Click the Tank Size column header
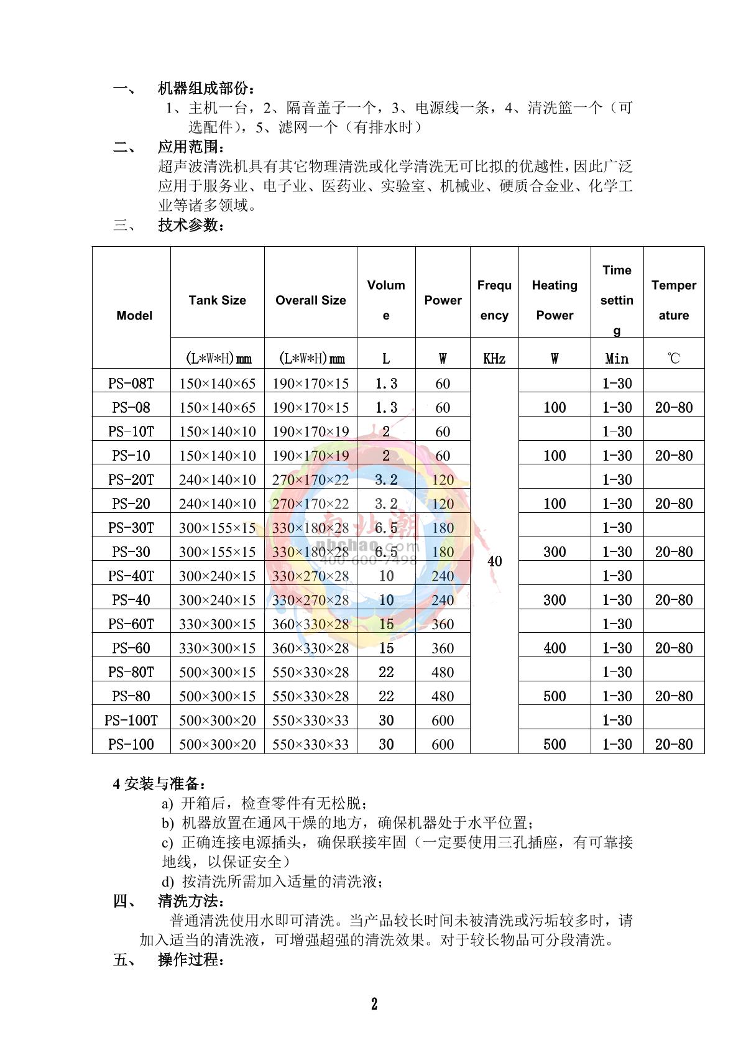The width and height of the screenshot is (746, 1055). pyautogui.click(x=217, y=300)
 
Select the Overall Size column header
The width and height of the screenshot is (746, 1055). pyautogui.click(x=310, y=300)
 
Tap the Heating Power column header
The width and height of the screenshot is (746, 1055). pyautogui.click(x=555, y=300)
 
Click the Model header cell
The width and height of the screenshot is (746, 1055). pyautogui.click(x=134, y=315)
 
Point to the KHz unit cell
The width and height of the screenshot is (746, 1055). pyautogui.click(x=494, y=359)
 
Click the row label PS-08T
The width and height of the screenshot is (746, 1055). pyautogui.click(x=131, y=383)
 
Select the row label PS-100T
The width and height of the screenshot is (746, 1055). pyautogui.click(x=131, y=720)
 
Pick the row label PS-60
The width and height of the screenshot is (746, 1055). pyautogui.click(x=131, y=648)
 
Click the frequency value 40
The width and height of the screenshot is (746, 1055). pyautogui.click(x=494, y=561)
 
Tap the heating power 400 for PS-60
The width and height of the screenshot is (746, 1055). pyautogui.click(x=555, y=648)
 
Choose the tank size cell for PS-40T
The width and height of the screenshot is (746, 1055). pyautogui.click(x=217, y=576)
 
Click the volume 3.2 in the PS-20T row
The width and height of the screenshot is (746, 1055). pyautogui.click(x=386, y=479)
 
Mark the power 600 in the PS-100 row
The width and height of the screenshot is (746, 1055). pyautogui.click(x=443, y=744)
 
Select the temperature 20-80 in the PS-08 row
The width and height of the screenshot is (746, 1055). pyautogui.click(x=674, y=407)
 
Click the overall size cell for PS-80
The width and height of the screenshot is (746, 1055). pyautogui.click(x=310, y=696)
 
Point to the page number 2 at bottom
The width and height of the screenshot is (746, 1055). pyautogui.click(x=374, y=1003)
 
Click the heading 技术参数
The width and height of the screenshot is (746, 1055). pyautogui.click(x=191, y=225)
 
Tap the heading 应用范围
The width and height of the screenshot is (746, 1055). pyautogui.click(x=191, y=147)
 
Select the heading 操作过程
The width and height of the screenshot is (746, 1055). pyautogui.click(x=191, y=959)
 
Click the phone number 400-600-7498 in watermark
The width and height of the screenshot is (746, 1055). pyautogui.click(x=379, y=560)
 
